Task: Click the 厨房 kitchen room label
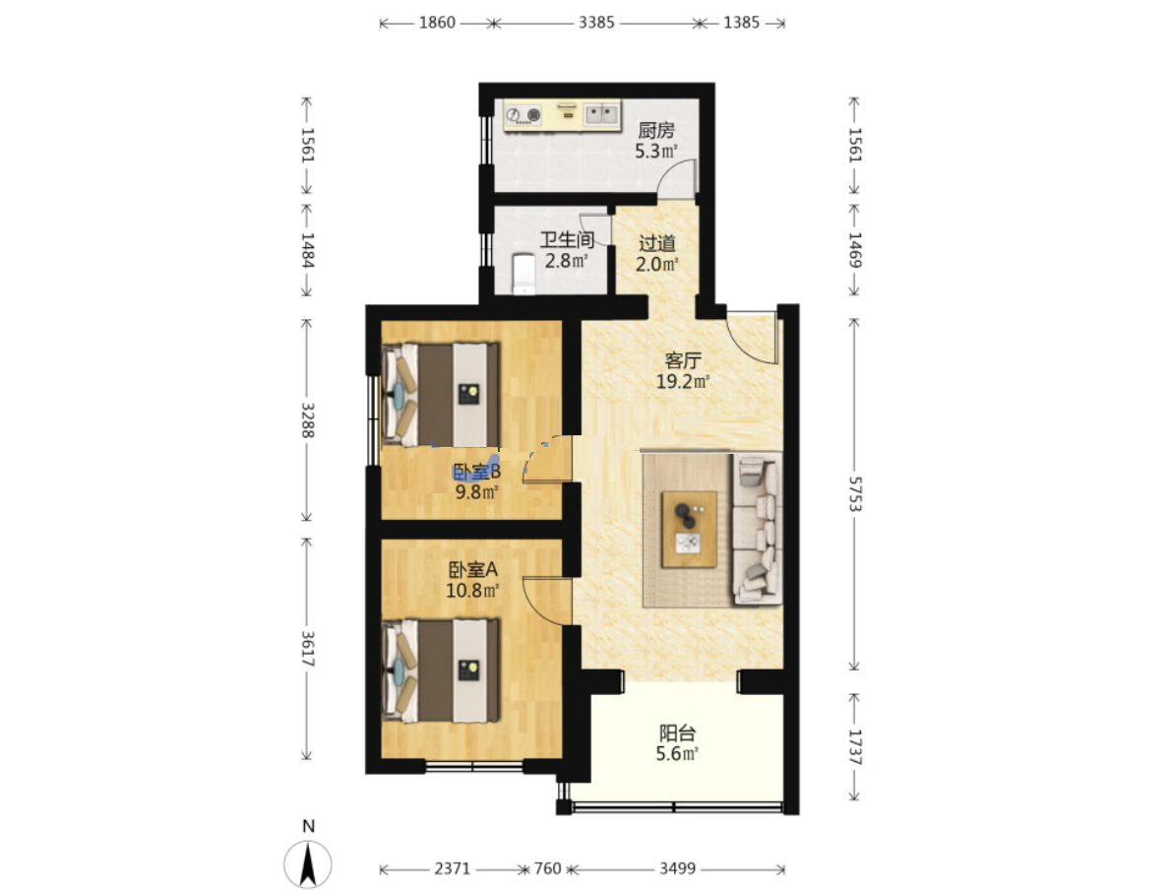[656, 130]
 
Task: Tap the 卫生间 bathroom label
[568, 239]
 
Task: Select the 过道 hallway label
[657, 243]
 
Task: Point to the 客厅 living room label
[682, 360]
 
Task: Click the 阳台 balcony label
[676, 732]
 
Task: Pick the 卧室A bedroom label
[472, 570]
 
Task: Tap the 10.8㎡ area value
[472, 591]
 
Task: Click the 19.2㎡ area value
[682, 381]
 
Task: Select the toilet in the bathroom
[524, 274]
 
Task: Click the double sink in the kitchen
[601, 114]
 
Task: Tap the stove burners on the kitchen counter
[524, 115]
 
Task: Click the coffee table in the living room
[689, 530]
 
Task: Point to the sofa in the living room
[758, 528]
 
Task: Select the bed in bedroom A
[440, 670]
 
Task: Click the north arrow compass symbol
[308, 863]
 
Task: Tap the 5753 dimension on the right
[854, 494]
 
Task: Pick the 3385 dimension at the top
[596, 23]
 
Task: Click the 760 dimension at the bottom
[547, 868]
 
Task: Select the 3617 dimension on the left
[307, 649]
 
